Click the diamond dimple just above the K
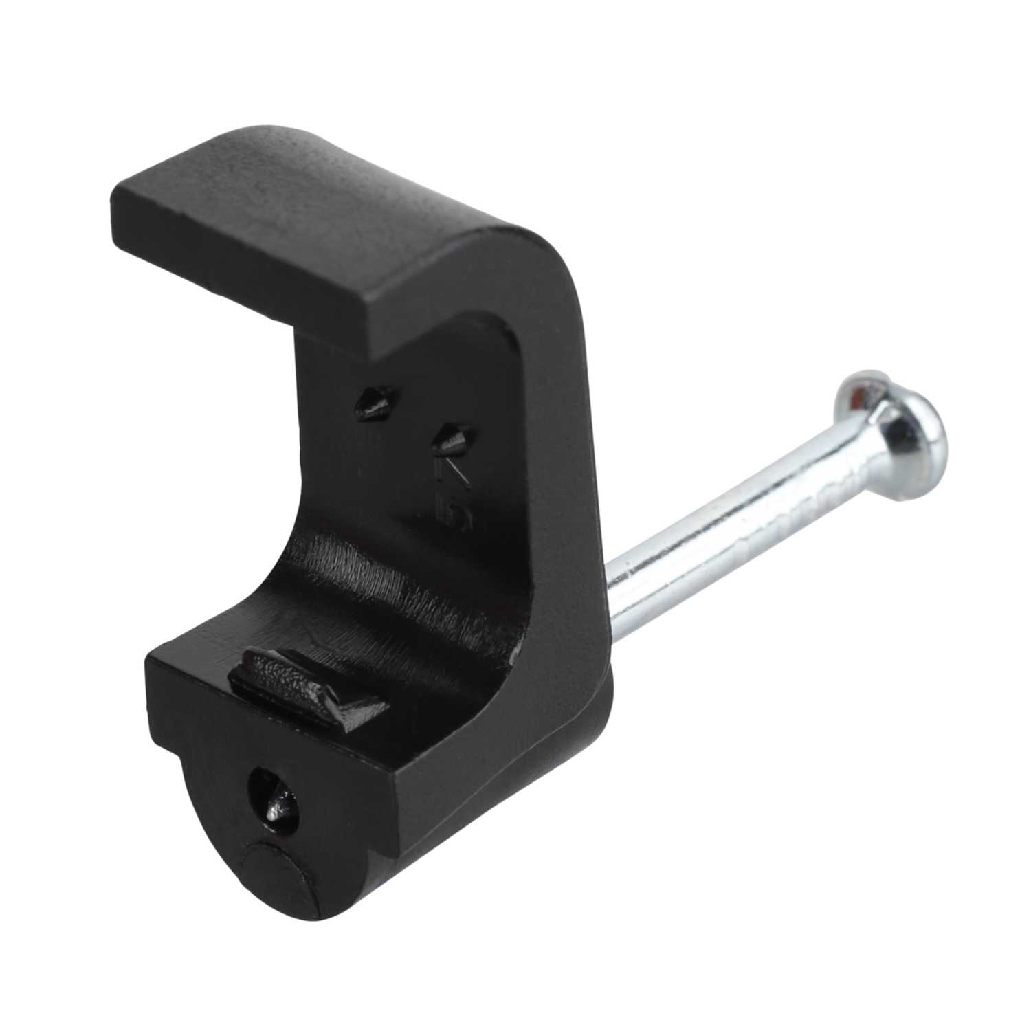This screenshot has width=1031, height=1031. click(454, 437)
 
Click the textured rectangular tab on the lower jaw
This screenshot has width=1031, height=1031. click(289, 677)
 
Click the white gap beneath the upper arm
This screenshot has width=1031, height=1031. click(227, 385)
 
